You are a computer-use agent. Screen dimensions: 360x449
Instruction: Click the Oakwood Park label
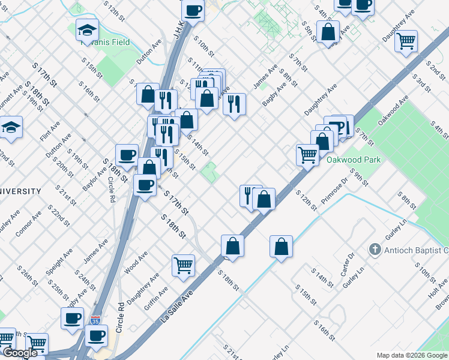(354, 160)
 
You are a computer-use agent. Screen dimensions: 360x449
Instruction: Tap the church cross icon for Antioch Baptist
(375, 249)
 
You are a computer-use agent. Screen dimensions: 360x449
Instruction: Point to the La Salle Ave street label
(179, 305)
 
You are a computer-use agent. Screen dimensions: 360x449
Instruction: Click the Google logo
(20, 353)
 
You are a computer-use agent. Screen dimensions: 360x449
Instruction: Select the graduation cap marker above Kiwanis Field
(88, 29)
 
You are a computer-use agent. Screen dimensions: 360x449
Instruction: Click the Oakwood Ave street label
(389, 113)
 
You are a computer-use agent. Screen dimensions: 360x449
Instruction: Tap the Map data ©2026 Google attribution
(411, 355)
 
